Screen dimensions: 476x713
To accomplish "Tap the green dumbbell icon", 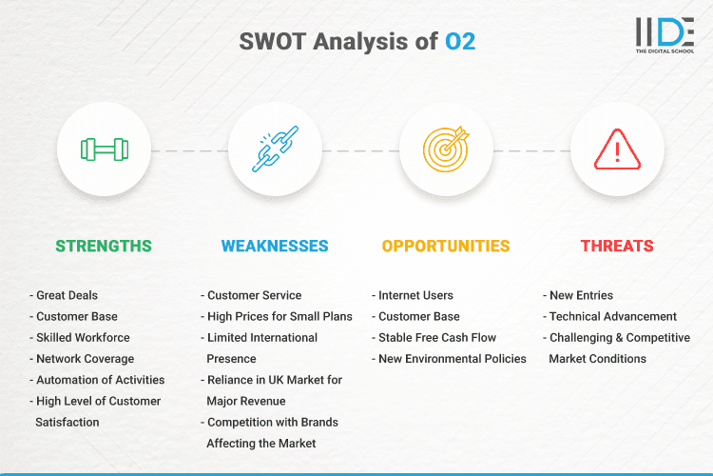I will coord(104,149).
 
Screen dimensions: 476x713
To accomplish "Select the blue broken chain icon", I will coord(275,149).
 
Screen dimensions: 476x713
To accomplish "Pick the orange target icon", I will coord(446,149).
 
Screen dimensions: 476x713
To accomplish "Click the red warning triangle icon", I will coord(617,149).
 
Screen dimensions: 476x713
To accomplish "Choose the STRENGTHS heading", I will coord(104,246).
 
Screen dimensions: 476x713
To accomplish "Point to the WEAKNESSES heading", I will coord(275,246).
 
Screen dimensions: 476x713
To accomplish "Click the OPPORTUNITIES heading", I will coord(446,246).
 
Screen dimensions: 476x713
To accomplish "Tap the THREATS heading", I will coord(617,246).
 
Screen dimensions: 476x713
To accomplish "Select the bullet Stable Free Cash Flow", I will coord(437,337).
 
